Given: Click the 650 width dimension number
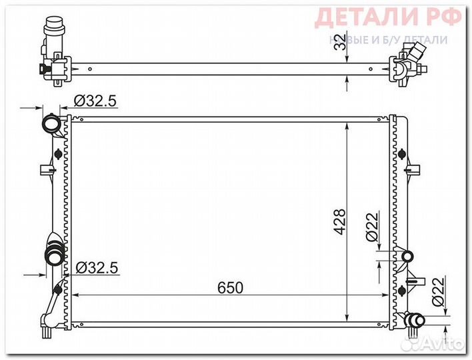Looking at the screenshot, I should click(x=231, y=287).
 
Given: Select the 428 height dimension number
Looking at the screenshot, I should click(x=339, y=222).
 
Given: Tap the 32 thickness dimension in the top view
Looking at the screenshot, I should click(x=341, y=41).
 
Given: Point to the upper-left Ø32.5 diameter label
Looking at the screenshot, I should click(x=95, y=101).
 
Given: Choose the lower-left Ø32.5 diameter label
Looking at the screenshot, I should click(x=96, y=268).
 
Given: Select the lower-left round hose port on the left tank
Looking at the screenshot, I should click(x=53, y=255).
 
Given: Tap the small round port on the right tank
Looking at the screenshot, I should click(x=407, y=255).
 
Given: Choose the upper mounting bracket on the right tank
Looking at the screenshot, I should click(x=415, y=169).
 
